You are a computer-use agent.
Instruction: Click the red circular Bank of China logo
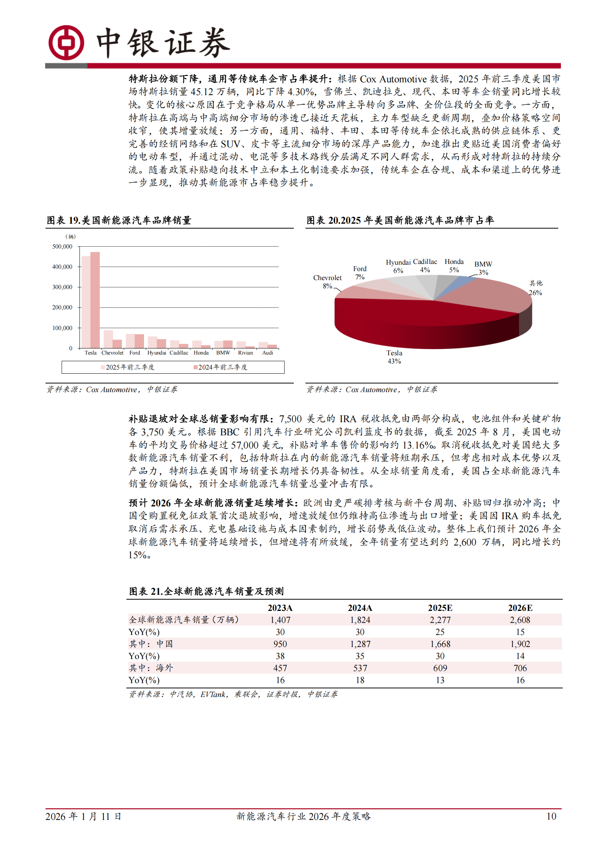(66, 43)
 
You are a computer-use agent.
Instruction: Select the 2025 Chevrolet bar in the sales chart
(108, 339)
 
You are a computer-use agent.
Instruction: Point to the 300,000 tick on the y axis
(62, 287)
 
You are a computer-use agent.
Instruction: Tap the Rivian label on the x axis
(245, 353)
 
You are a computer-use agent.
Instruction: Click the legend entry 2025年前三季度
(128, 367)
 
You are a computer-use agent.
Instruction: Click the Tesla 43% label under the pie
(394, 357)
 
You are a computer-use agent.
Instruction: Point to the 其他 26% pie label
(536, 288)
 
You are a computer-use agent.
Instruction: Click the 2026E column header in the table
(520, 608)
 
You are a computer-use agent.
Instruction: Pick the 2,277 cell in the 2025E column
(440, 620)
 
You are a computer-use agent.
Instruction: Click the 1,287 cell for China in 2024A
(360, 644)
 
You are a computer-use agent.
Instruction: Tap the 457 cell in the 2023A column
(280, 668)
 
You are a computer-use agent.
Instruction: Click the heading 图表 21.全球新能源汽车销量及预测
(206, 591)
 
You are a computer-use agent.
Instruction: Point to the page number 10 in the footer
(551, 816)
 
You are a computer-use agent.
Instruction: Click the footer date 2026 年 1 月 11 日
(83, 816)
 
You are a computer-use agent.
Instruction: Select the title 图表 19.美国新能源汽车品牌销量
(119, 220)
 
